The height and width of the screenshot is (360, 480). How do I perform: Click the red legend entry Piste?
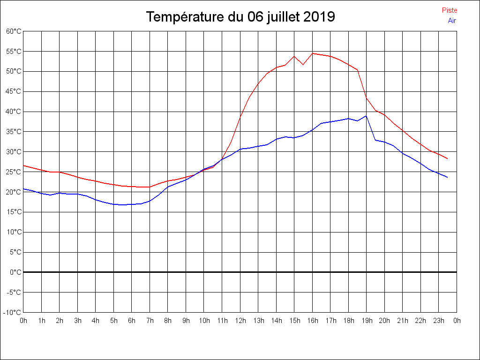[x=450, y=10]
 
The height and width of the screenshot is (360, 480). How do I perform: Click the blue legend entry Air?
[x=452, y=21]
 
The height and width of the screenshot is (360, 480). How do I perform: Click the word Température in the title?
[x=185, y=17]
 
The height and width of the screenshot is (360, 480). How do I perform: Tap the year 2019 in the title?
[x=319, y=17]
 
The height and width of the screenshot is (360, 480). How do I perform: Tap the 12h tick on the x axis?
[x=240, y=321]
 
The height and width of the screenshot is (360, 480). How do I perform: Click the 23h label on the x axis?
[x=439, y=321]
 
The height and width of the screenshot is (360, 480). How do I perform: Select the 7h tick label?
[x=150, y=321]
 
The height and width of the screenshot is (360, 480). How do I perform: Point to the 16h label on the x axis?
[x=313, y=321]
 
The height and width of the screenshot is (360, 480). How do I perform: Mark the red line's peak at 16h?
[x=313, y=53]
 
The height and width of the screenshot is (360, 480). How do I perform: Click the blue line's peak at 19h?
[x=366, y=116]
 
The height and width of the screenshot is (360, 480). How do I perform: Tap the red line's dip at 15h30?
[x=303, y=65]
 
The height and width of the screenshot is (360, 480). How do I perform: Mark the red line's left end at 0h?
[x=23, y=165]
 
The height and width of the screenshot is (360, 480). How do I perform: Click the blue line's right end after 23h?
[x=447, y=177]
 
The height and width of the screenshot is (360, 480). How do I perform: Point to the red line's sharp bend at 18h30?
[x=358, y=70]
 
